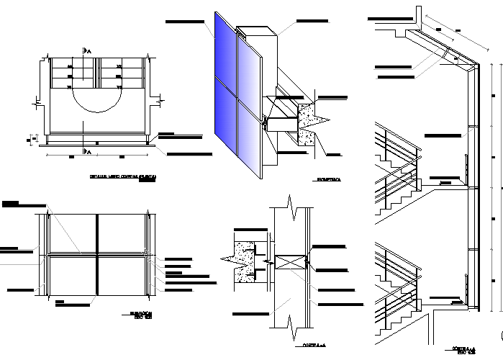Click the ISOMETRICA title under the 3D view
[x=328, y=179]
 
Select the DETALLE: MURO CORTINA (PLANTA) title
[x=123, y=176]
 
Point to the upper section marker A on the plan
[x=87, y=49]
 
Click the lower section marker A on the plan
[x=87, y=151]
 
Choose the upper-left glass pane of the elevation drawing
[x=72, y=233]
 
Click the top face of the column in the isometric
[x=257, y=31]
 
